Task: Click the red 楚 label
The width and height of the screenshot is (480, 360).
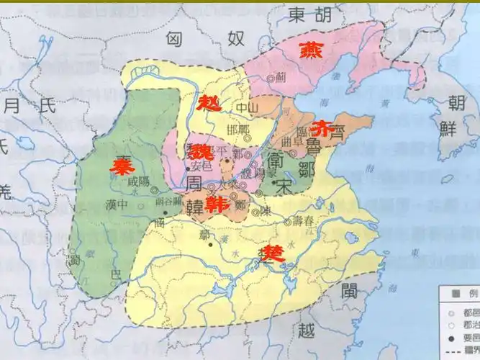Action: click(271, 252)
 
